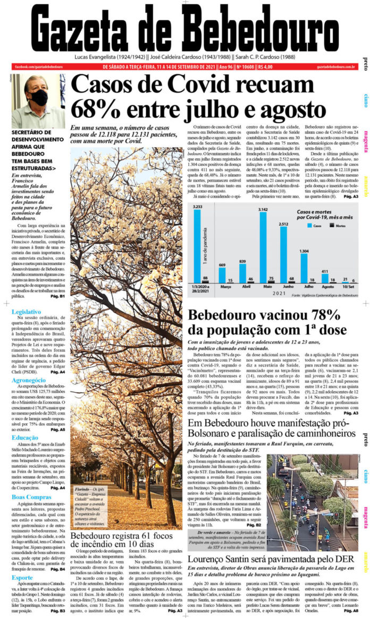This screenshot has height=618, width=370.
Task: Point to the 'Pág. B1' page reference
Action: (57, 296)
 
